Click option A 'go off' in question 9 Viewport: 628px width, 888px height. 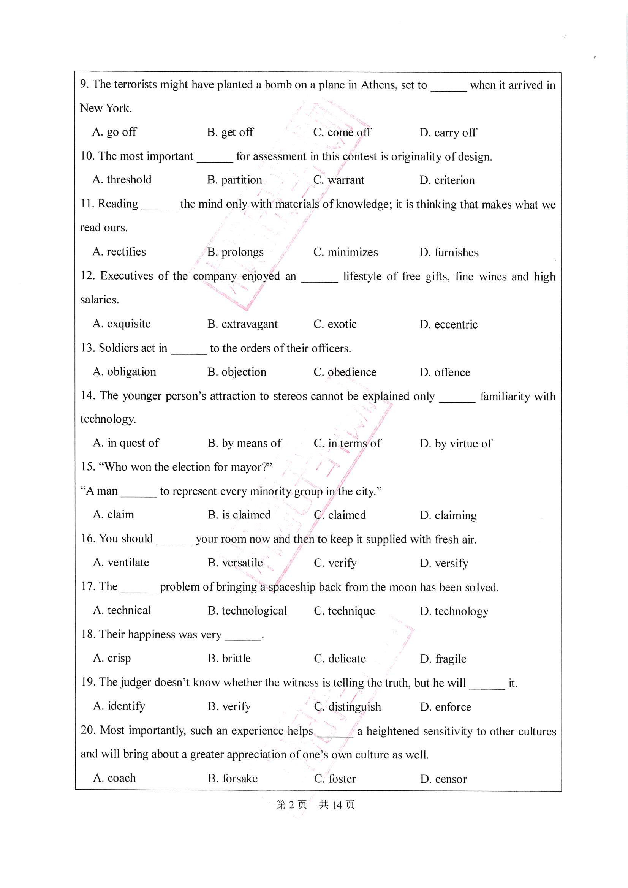(114, 132)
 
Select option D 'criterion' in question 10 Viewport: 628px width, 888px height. (447, 180)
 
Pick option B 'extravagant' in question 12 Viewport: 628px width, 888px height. (242, 324)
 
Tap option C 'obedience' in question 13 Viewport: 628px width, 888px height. (345, 372)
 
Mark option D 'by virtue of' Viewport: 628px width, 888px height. (456, 444)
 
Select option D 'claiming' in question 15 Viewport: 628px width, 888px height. (448, 515)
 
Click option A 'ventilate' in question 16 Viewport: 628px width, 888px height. (121, 563)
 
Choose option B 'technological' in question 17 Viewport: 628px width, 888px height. (247, 611)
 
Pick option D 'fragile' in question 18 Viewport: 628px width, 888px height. (443, 659)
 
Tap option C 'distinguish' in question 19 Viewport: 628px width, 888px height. (348, 707)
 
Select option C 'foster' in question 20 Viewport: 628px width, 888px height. (335, 779)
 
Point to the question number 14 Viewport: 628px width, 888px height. (87, 395)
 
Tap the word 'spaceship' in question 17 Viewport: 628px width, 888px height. (292, 587)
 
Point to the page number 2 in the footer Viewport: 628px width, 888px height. (291, 805)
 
